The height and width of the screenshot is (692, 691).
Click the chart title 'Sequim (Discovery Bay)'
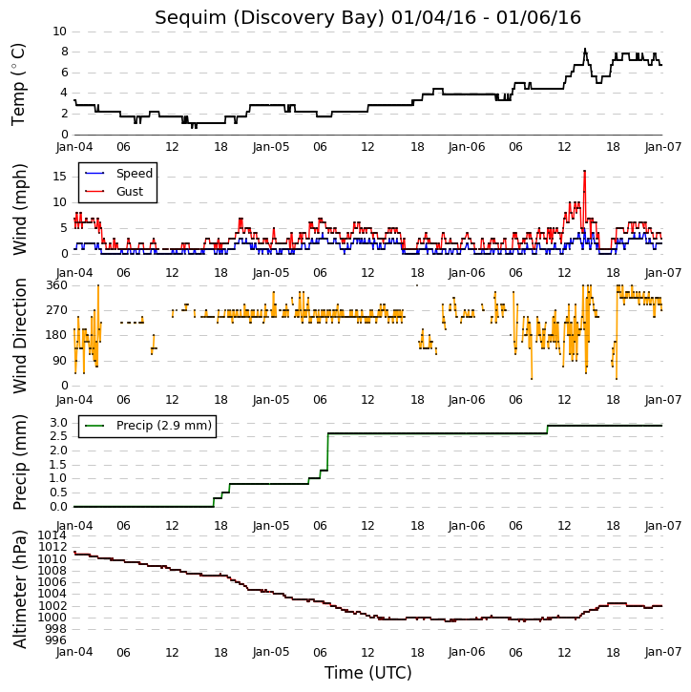(x=270, y=18)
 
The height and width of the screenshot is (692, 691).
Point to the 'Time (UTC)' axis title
(x=368, y=673)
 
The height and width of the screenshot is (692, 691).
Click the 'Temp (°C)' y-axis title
(x=18, y=84)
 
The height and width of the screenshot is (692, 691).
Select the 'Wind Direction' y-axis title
(x=20, y=336)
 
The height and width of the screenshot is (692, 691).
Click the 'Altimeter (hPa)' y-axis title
(x=20, y=590)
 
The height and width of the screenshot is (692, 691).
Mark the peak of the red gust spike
(x=585, y=171)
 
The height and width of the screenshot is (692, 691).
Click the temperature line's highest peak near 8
(x=585, y=49)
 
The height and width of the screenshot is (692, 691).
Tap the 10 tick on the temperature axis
(x=59, y=31)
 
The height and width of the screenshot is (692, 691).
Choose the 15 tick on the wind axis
(x=59, y=177)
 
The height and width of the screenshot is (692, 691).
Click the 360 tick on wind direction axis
(x=57, y=285)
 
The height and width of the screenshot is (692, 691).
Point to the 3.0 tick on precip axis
(x=58, y=423)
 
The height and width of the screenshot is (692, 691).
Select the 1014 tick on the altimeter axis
(x=52, y=535)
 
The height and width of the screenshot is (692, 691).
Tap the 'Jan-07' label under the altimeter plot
(x=663, y=652)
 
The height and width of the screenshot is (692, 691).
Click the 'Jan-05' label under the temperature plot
(x=271, y=147)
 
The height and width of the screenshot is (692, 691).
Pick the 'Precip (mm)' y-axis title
(x=20, y=463)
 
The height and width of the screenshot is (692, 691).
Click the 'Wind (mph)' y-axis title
(x=20, y=210)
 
